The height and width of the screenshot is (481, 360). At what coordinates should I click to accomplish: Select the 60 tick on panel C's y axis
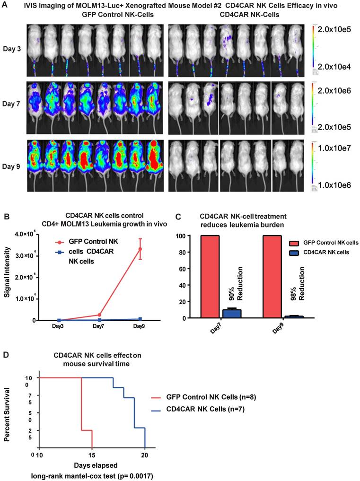pyautogui.click(x=191, y=269)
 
